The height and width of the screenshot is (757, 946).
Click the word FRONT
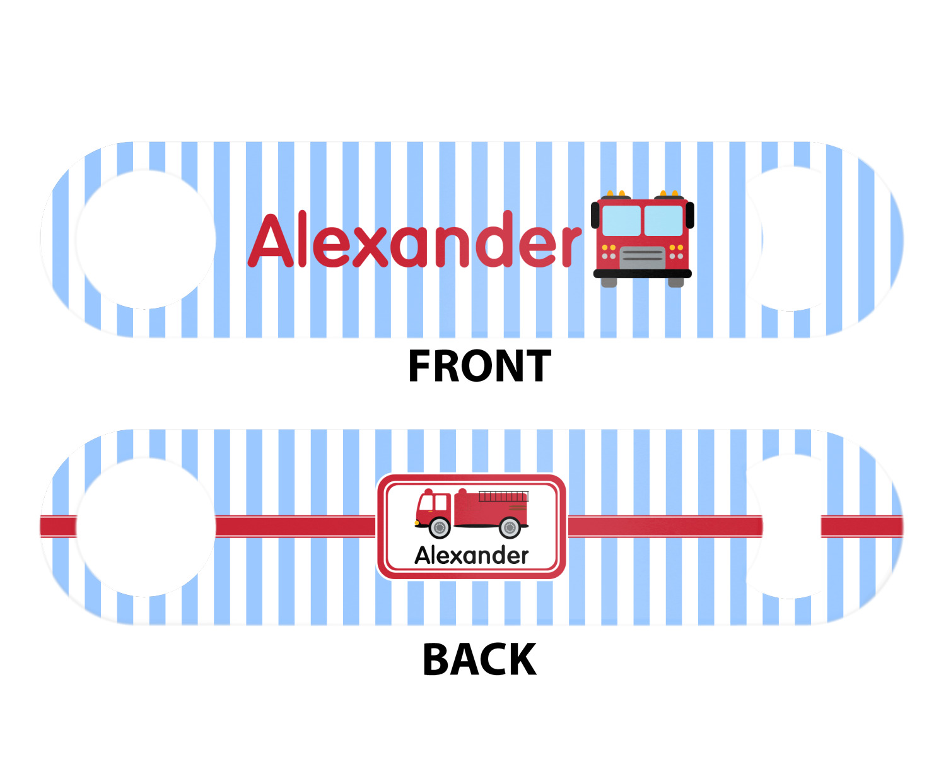tap(479, 367)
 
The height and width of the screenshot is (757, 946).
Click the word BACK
tap(479, 660)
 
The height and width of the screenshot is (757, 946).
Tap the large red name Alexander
tap(414, 241)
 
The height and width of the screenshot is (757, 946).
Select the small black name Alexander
tap(471, 555)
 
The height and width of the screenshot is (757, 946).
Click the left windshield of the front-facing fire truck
tap(621, 220)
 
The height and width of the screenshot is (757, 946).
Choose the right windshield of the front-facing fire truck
tap(663, 220)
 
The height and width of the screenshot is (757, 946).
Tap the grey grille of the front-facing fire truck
tap(642, 257)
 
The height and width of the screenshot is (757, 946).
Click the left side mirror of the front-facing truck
tap(595, 215)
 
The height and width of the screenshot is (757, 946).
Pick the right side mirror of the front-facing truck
tap(690, 215)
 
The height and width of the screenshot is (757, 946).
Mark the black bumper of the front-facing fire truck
tap(642, 274)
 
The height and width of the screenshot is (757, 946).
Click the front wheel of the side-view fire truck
tap(440, 527)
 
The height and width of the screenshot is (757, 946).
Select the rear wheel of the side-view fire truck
tap(510, 527)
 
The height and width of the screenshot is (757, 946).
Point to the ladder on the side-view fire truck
tap(503, 496)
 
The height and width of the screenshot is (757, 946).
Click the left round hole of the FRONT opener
tap(145, 240)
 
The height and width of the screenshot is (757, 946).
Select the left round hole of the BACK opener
tap(145, 527)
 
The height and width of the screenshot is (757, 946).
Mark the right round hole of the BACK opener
tap(791, 527)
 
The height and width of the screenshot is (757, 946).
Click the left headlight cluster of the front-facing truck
tap(609, 252)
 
